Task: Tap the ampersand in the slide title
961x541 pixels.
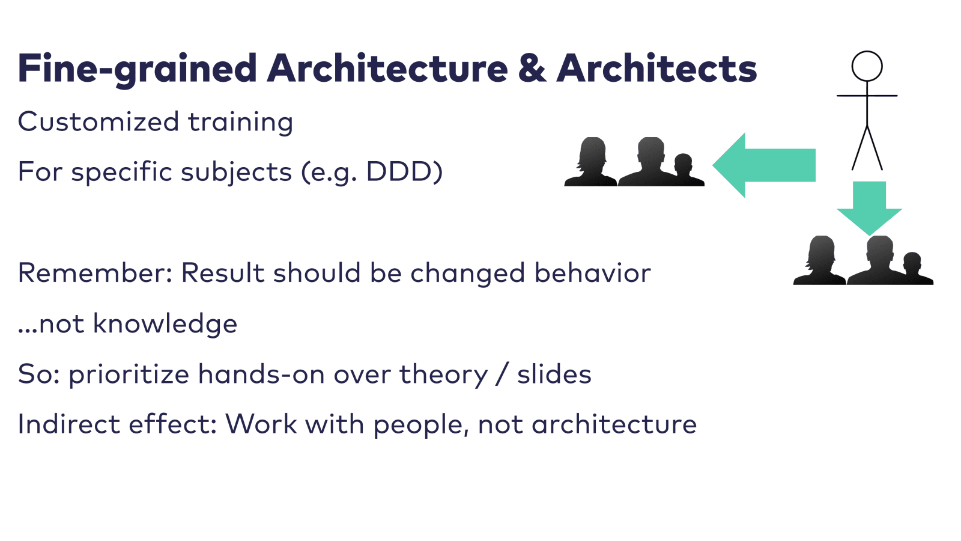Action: (532, 69)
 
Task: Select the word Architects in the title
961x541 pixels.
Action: (657, 68)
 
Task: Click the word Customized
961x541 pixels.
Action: (99, 121)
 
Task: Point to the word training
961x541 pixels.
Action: (241, 123)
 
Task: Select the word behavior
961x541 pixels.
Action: (592, 273)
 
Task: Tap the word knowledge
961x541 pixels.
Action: (165, 323)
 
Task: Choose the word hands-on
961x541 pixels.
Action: (261, 374)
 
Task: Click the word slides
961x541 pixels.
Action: (554, 374)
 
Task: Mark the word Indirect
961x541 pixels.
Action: (68, 424)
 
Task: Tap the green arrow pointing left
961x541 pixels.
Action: (764, 165)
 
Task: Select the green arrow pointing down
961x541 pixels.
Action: (869, 208)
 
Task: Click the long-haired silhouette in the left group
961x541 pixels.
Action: (591, 162)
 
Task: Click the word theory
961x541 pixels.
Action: (444, 375)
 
